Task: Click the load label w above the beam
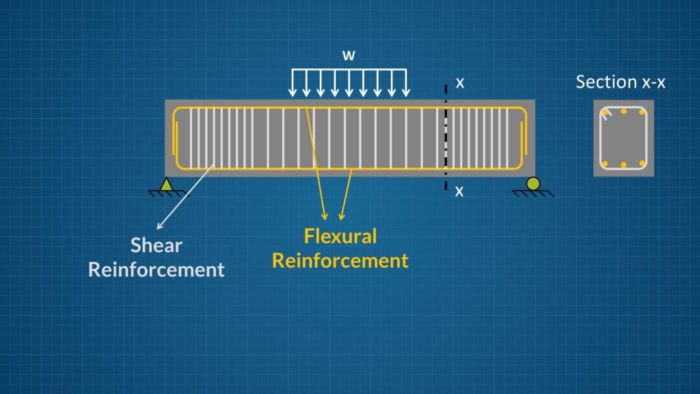[x=349, y=55]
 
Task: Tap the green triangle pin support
[x=167, y=184]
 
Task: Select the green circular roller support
[x=533, y=183]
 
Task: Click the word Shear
[x=157, y=246]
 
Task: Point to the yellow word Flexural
[x=340, y=236]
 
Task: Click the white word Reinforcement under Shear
[x=157, y=270]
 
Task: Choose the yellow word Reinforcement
[x=340, y=261]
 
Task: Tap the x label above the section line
[x=460, y=83]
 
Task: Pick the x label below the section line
[x=459, y=192]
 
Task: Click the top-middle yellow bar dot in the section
[x=623, y=111]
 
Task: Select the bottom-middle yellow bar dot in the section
[x=623, y=165]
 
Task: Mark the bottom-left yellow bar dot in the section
[x=606, y=164]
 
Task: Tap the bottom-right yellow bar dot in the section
[x=642, y=163]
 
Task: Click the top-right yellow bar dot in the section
[x=642, y=112]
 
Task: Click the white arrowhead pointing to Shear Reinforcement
[x=160, y=226]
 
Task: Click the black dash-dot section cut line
[x=446, y=137]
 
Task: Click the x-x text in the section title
[x=654, y=82]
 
